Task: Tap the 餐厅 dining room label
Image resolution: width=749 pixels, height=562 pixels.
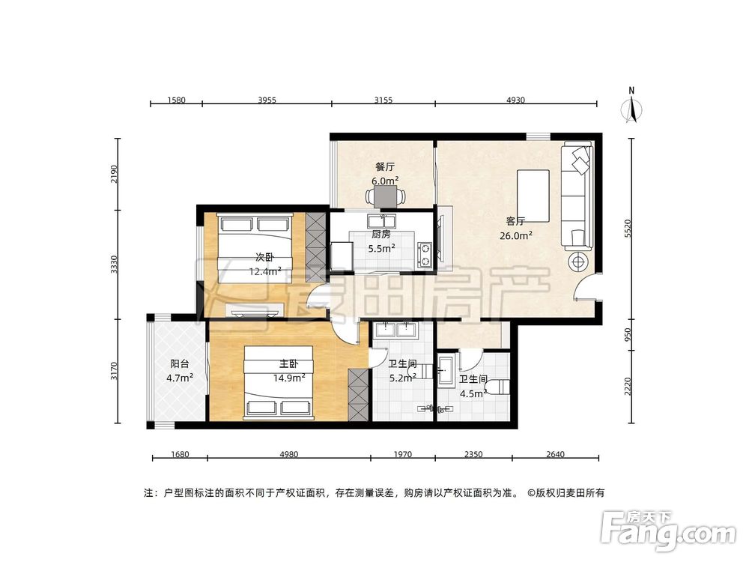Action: [385, 167]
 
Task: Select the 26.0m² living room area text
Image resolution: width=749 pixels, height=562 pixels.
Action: [516, 235]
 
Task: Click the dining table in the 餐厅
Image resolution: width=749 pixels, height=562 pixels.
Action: [386, 196]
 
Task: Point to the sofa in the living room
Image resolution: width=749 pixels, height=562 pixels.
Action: [577, 195]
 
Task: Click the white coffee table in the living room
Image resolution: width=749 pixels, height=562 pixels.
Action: [533, 196]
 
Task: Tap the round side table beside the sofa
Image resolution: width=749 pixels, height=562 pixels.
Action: [578, 262]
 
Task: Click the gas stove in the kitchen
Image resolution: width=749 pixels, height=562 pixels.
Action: [425, 255]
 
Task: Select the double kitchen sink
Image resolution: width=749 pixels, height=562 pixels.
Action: [381, 221]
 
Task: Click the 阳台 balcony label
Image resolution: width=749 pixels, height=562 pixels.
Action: [179, 363]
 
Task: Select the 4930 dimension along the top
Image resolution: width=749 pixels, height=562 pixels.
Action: [515, 100]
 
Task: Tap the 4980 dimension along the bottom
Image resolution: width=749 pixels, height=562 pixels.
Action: [289, 454]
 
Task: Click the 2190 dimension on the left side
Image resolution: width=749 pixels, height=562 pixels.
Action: [114, 174]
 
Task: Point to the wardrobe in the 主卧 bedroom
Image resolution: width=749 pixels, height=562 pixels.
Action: [358, 395]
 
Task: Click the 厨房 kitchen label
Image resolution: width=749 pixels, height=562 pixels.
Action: [381, 234]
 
